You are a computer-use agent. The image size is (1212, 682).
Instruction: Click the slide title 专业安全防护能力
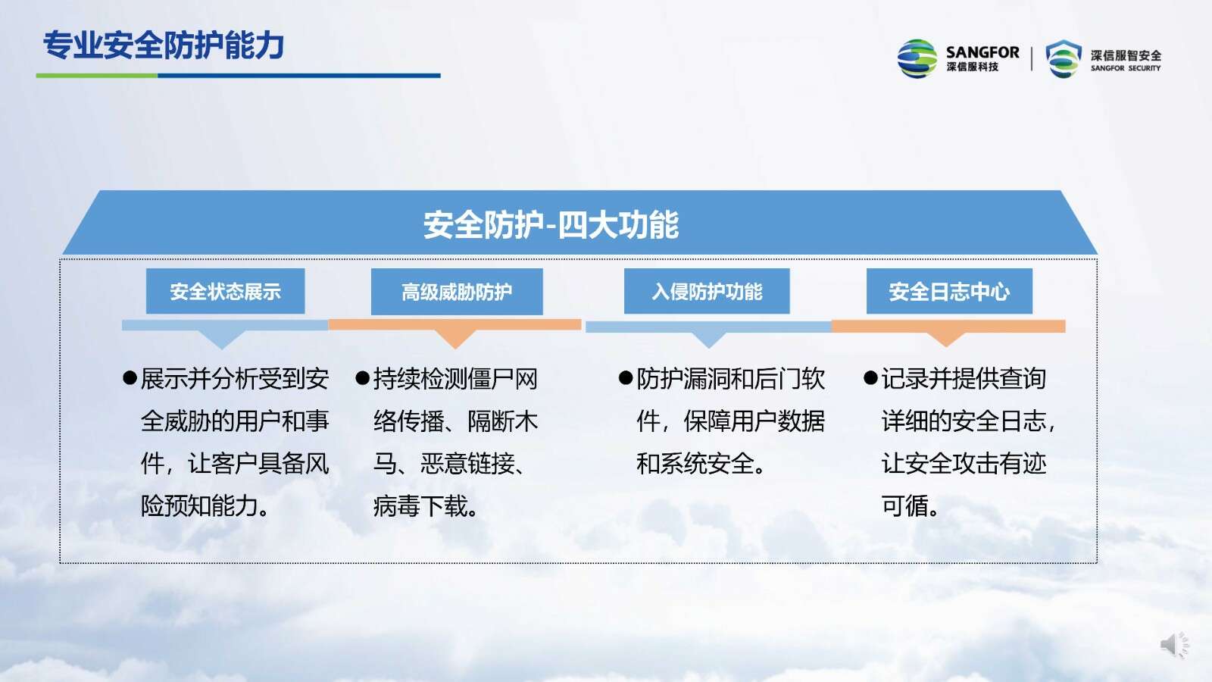pyautogui.click(x=164, y=45)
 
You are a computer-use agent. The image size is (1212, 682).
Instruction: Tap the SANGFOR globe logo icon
pyautogui.click(x=917, y=58)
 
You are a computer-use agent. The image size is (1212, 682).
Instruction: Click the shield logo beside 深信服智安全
pyautogui.click(x=1064, y=58)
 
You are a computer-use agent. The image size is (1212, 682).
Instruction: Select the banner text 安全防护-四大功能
pyautogui.click(x=551, y=224)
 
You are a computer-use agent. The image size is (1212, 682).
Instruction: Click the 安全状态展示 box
pyautogui.click(x=225, y=291)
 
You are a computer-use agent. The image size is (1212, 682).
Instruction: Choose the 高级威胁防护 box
pyautogui.click(x=457, y=292)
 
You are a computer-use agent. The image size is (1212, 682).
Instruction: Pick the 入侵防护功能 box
pyautogui.click(x=707, y=291)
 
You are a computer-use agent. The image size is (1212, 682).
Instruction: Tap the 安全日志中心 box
pyautogui.click(x=949, y=291)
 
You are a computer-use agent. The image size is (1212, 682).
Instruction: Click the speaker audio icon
pyautogui.click(x=1175, y=645)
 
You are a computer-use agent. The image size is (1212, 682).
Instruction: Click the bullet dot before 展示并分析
pyautogui.click(x=130, y=378)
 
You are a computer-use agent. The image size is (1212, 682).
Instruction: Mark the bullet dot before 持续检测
pyautogui.click(x=363, y=378)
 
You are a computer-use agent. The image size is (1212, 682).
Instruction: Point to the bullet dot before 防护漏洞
pyautogui.click(x=626, y=378)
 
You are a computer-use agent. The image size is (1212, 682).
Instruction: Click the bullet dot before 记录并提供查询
pyautogui.click(x=870, y=378)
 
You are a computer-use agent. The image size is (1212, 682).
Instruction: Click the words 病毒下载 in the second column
pyautogui.click(x=420, y=506)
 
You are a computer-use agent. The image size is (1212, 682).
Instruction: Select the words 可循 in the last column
pyautogui.click(x=905, y=506)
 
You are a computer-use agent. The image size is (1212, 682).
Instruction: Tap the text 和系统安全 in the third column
pyautogui.click(x=695, y=464)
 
